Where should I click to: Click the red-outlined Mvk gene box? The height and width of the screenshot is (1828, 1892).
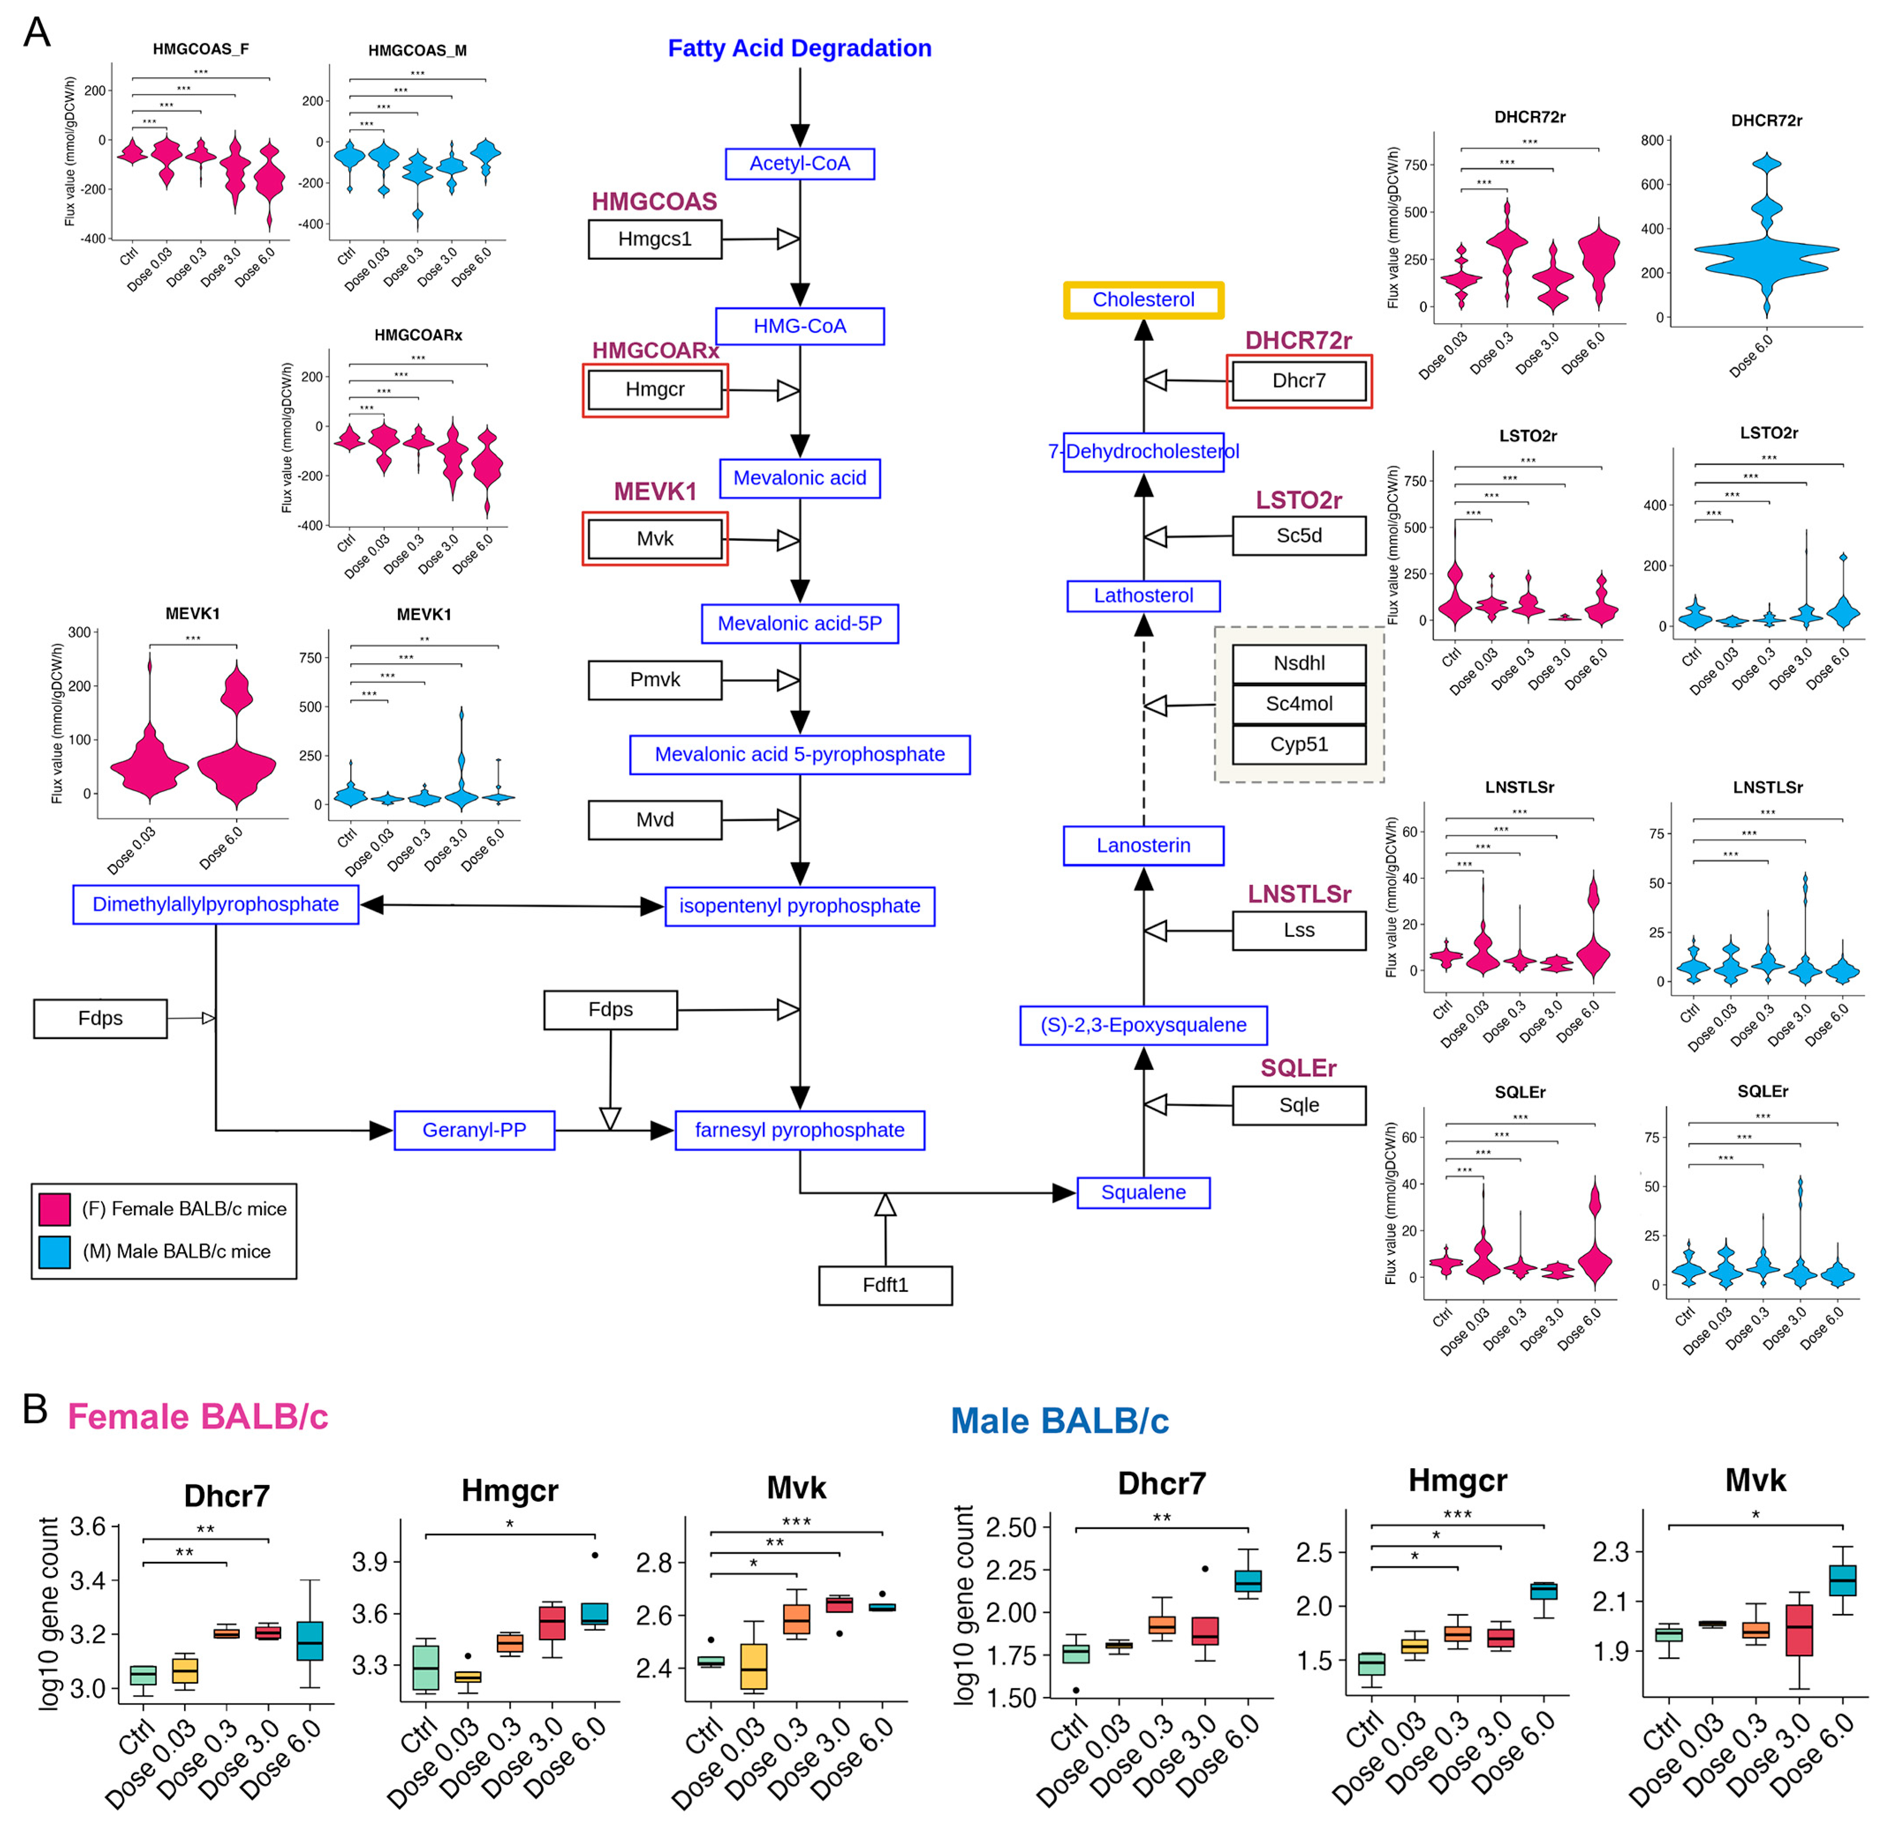[655, 539]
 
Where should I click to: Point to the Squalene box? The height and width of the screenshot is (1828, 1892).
[1143, 1192]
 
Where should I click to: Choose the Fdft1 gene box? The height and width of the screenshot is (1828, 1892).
[885, 1284]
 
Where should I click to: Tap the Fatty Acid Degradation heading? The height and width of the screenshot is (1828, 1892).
[799, 48]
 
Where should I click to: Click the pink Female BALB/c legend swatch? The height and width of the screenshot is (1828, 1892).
[54, 1209]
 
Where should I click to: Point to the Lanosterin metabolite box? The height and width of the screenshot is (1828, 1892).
[1143, 846]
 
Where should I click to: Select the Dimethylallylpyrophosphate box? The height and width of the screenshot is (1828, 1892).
[215, 904]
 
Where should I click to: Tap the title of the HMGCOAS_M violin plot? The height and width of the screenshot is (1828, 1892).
[417, 50]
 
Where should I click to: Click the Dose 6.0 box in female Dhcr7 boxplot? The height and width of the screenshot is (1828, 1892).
[309, 1641]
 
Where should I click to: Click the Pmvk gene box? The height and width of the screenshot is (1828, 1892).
[655, 680]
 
